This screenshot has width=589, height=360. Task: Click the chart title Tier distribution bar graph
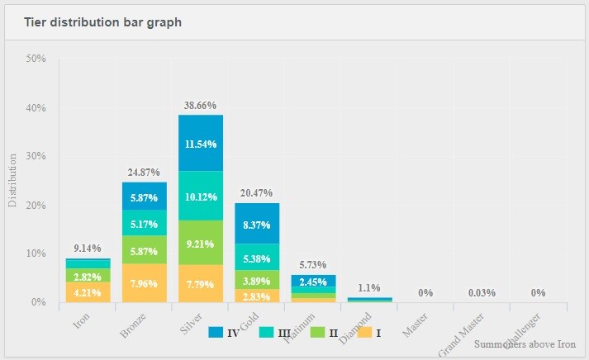(x=103, y=21)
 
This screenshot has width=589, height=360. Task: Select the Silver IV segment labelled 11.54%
(x=202, y=143)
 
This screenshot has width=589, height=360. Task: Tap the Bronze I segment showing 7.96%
(x=145, y=283)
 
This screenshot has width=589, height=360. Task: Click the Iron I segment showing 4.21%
(x=88, y=291)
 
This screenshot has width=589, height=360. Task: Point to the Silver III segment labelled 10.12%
(x=202, y=196)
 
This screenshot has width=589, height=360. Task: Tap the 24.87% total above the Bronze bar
(x=145, y=173)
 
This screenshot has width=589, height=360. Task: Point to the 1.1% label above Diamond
(x=370, y=288)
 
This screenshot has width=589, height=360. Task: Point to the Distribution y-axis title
(x=12, y=180)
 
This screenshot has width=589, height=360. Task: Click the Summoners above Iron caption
(x=525, y=344)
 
